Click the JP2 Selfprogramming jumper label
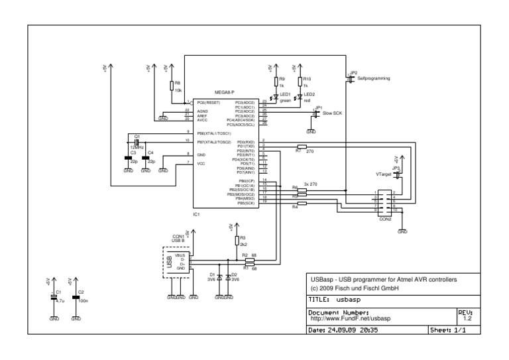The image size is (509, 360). (370, 78)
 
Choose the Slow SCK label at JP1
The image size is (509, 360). (333, 114)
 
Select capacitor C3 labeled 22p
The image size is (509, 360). (129, 158)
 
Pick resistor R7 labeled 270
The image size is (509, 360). (302, 147)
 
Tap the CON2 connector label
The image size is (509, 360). (384, 219)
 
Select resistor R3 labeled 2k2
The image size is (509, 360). (237, 241)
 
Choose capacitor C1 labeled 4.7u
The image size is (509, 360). (54, 297)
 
